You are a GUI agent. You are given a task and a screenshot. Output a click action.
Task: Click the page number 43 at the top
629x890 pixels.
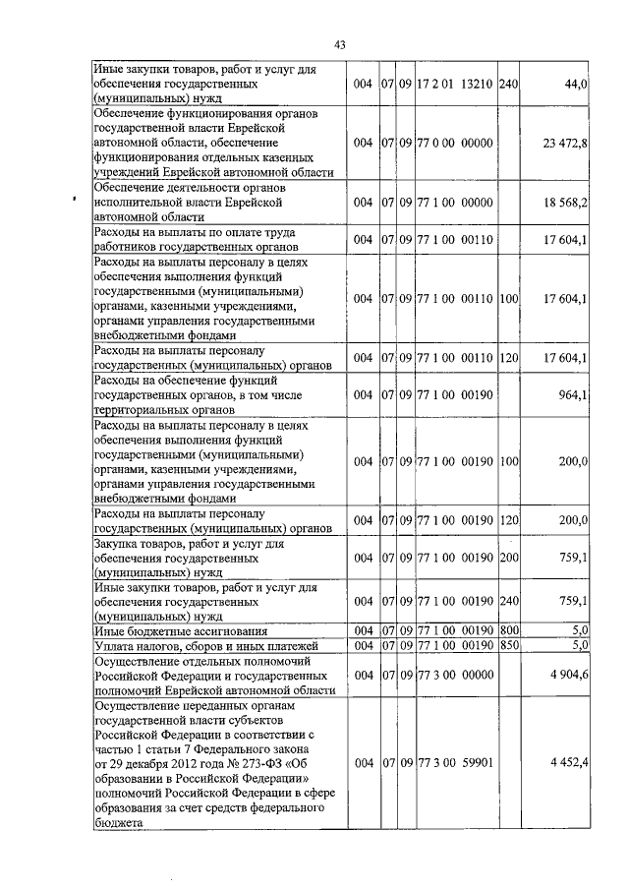(x=339, y=44)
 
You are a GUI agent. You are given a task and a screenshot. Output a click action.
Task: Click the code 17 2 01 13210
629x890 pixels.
(x=456, y=86)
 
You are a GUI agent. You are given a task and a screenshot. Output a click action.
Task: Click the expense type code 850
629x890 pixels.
(x=508, y=645)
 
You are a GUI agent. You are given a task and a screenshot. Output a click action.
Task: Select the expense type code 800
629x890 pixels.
(x=508, y=630)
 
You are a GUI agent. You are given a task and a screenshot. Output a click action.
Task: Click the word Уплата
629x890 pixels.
(x=115, y=646)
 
